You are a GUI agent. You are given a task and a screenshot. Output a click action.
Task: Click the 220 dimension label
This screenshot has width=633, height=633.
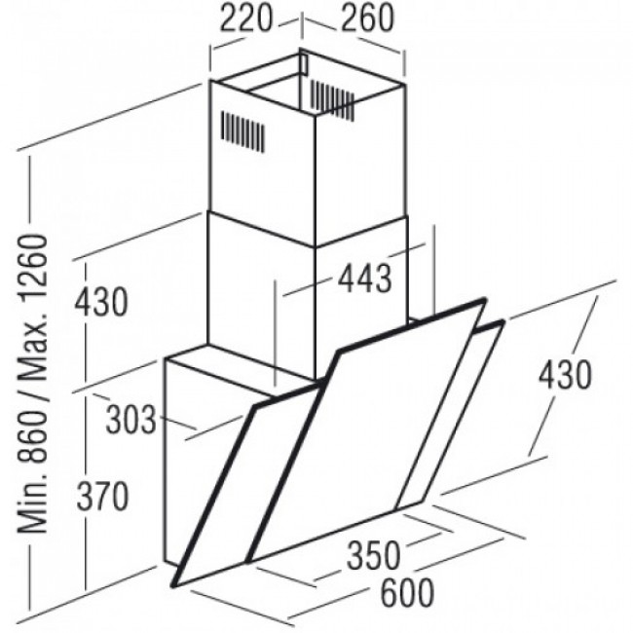click(x=245, y=19)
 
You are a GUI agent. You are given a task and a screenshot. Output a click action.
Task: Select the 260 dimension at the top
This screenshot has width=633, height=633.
click(x=367, y=19)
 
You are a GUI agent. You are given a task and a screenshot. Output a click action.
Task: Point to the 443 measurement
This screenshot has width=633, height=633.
click(x=364, y=279)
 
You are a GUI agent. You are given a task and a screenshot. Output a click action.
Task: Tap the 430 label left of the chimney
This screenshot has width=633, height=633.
click(x=100, y=302)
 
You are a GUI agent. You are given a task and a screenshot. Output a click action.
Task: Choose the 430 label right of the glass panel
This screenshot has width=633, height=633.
click(x=565, y=375)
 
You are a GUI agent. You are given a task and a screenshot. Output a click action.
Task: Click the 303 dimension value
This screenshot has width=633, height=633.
click(x=130, y=420)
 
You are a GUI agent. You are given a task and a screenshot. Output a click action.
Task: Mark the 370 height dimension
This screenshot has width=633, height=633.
click(x=102, y=497)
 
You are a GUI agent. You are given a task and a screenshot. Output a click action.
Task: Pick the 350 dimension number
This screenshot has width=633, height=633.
click(x=374, y=555)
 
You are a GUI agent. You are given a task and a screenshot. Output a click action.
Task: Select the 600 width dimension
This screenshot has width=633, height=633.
click(x=407, y=593)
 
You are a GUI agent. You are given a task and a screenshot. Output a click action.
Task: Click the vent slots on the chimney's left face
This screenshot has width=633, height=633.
click(x=242, y=131)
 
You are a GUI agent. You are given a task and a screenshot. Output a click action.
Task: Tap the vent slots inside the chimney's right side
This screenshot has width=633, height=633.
click(x=332, y=100)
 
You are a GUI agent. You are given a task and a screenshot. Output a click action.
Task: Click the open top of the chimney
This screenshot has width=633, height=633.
click(x=308, y=83)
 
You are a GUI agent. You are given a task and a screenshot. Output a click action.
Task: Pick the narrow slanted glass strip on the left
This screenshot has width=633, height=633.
click(x=242, y=484)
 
